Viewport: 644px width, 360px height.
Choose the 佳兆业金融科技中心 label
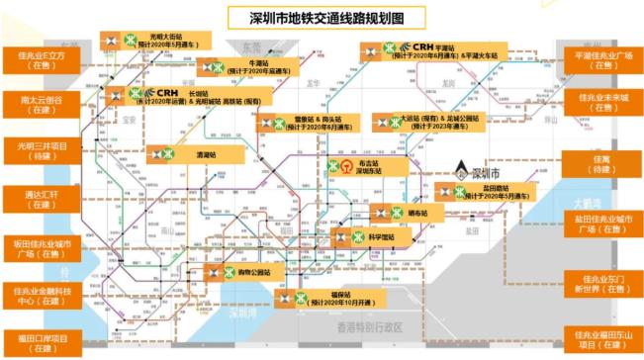(x=41, y=294)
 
